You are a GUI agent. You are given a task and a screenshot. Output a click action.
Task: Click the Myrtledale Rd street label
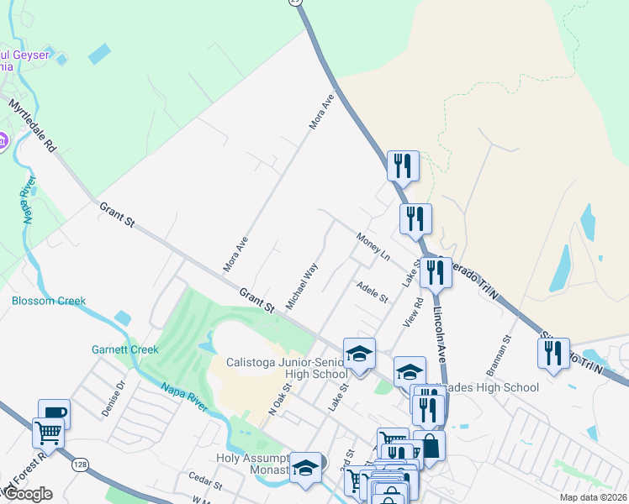click(33, 127)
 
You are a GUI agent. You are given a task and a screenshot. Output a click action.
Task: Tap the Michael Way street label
click(302, 286)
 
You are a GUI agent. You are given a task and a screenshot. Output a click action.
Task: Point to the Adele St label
click(372, 293)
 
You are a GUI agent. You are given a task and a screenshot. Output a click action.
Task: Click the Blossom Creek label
click(49, 301)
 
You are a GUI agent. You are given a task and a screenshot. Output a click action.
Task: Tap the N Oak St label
click(278, 400)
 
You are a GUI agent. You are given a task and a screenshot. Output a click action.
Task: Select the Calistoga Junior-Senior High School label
click(286, 368)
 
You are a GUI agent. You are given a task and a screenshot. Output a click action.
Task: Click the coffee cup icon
click(54, 413)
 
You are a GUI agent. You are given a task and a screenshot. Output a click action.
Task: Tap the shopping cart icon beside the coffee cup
click(48, 433)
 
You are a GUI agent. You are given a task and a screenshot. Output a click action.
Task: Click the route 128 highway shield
click(78, 465)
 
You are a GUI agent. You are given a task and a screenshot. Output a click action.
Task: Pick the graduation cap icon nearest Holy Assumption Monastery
click(305, 468)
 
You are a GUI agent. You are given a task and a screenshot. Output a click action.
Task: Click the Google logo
click(29, 494)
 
